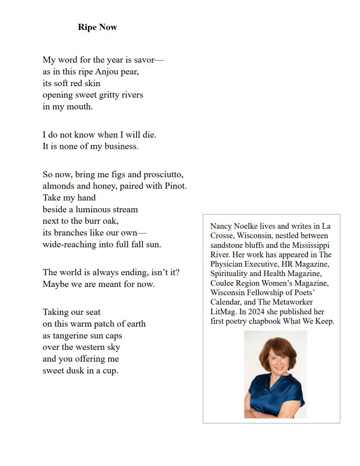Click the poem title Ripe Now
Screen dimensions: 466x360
click(97, 27)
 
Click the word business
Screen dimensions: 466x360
click(120, 146)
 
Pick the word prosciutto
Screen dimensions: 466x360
click(163, 174)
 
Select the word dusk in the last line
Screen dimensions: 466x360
click(77, 370)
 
